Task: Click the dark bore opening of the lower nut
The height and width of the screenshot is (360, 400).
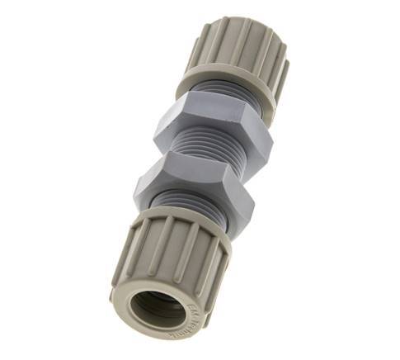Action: (155, 309)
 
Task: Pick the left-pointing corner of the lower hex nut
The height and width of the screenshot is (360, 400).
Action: (136, 178)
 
